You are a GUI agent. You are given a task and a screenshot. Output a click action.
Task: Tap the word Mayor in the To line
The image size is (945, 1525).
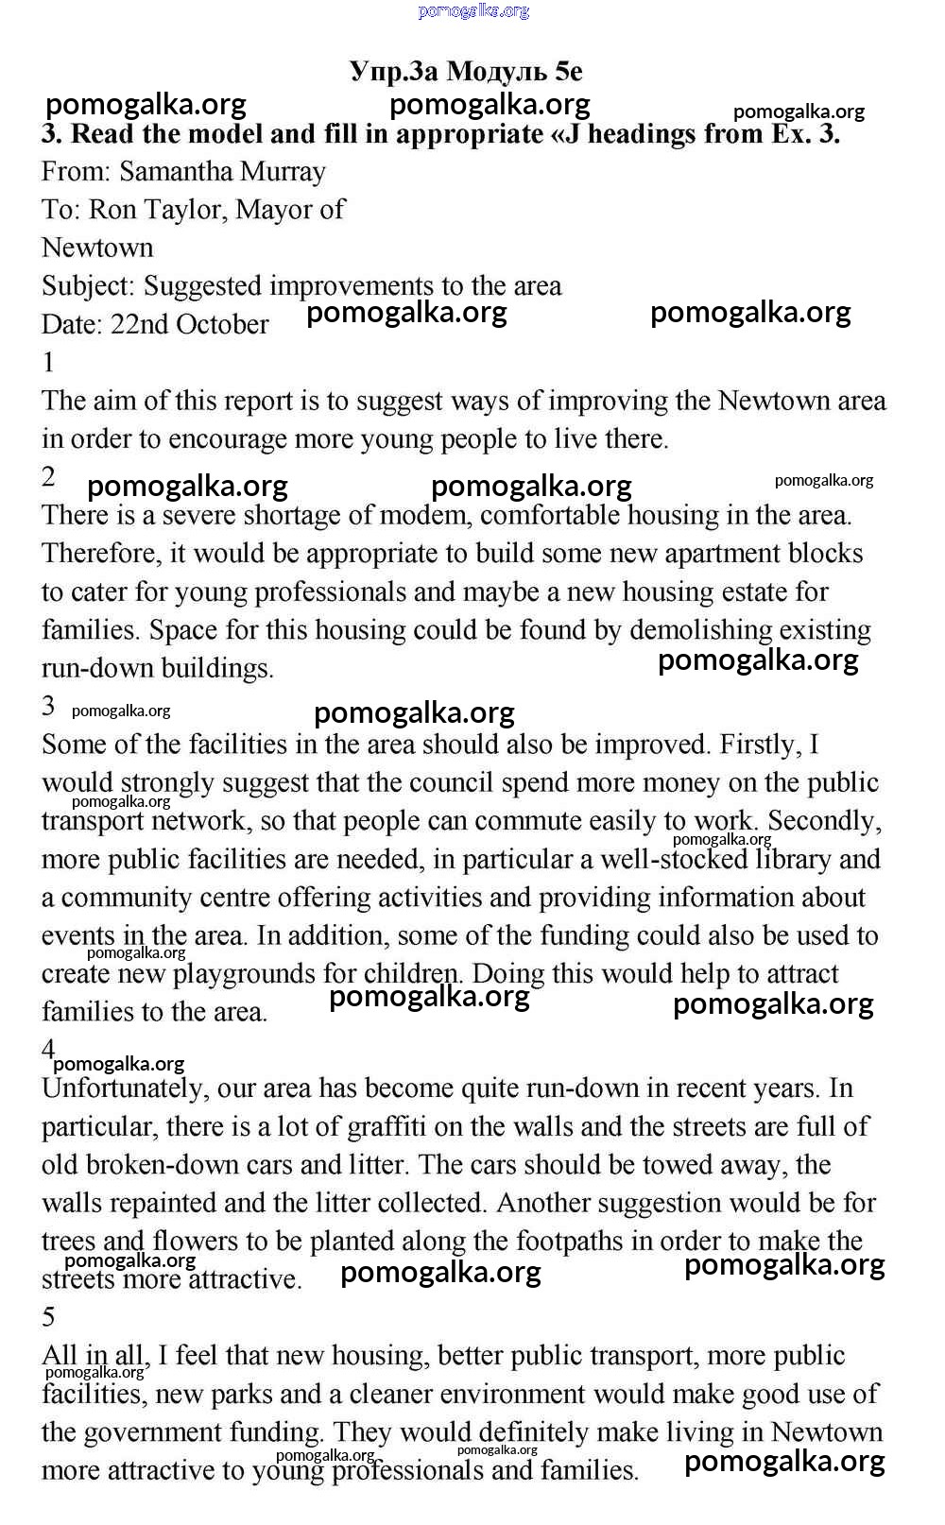pyautogui.click(x=274, y=210)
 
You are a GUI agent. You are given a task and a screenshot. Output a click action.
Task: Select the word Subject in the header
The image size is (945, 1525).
pyautogui.click(x=88, y=286)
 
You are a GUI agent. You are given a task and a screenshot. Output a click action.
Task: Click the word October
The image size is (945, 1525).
pyautogui.click(x=222, y=324)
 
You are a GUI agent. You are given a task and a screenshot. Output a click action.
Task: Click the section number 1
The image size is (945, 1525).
pyautogui.click(x=48, y=363)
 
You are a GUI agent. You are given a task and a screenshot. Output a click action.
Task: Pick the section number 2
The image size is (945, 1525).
pyautogui.click(x=49, y=477)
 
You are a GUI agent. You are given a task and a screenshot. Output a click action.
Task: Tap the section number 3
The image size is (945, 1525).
pyautogui.click(x=49, y=706)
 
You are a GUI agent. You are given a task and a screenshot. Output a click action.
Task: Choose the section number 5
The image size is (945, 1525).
pyautogui.click(x=49, y=1317)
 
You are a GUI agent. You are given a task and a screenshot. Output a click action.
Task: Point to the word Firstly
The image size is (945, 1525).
pyautogui.click(x=759, y=745)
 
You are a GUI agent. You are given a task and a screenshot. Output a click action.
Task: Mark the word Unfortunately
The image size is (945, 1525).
pyautogui.click(x=123, y=1088)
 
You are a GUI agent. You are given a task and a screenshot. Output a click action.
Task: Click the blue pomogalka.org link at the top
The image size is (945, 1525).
pyautogui.click(x=472, y=10)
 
